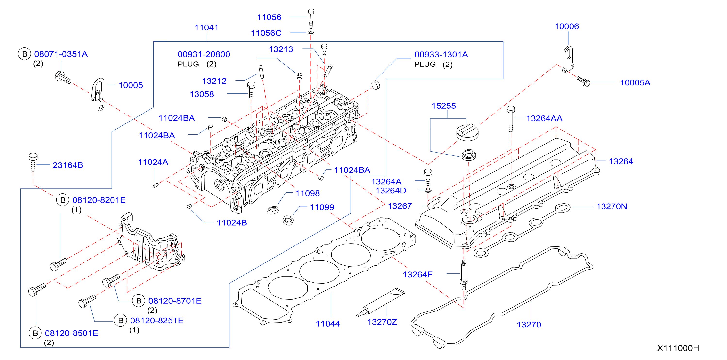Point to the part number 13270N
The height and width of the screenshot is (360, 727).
612,206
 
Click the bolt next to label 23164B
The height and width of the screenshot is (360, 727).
33,162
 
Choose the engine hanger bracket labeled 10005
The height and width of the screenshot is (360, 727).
98,94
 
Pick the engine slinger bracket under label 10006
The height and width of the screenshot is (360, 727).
568,59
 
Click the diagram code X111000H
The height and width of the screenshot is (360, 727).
678,348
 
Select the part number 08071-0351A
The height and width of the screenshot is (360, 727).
61,54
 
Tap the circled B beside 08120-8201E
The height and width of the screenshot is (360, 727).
63,200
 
